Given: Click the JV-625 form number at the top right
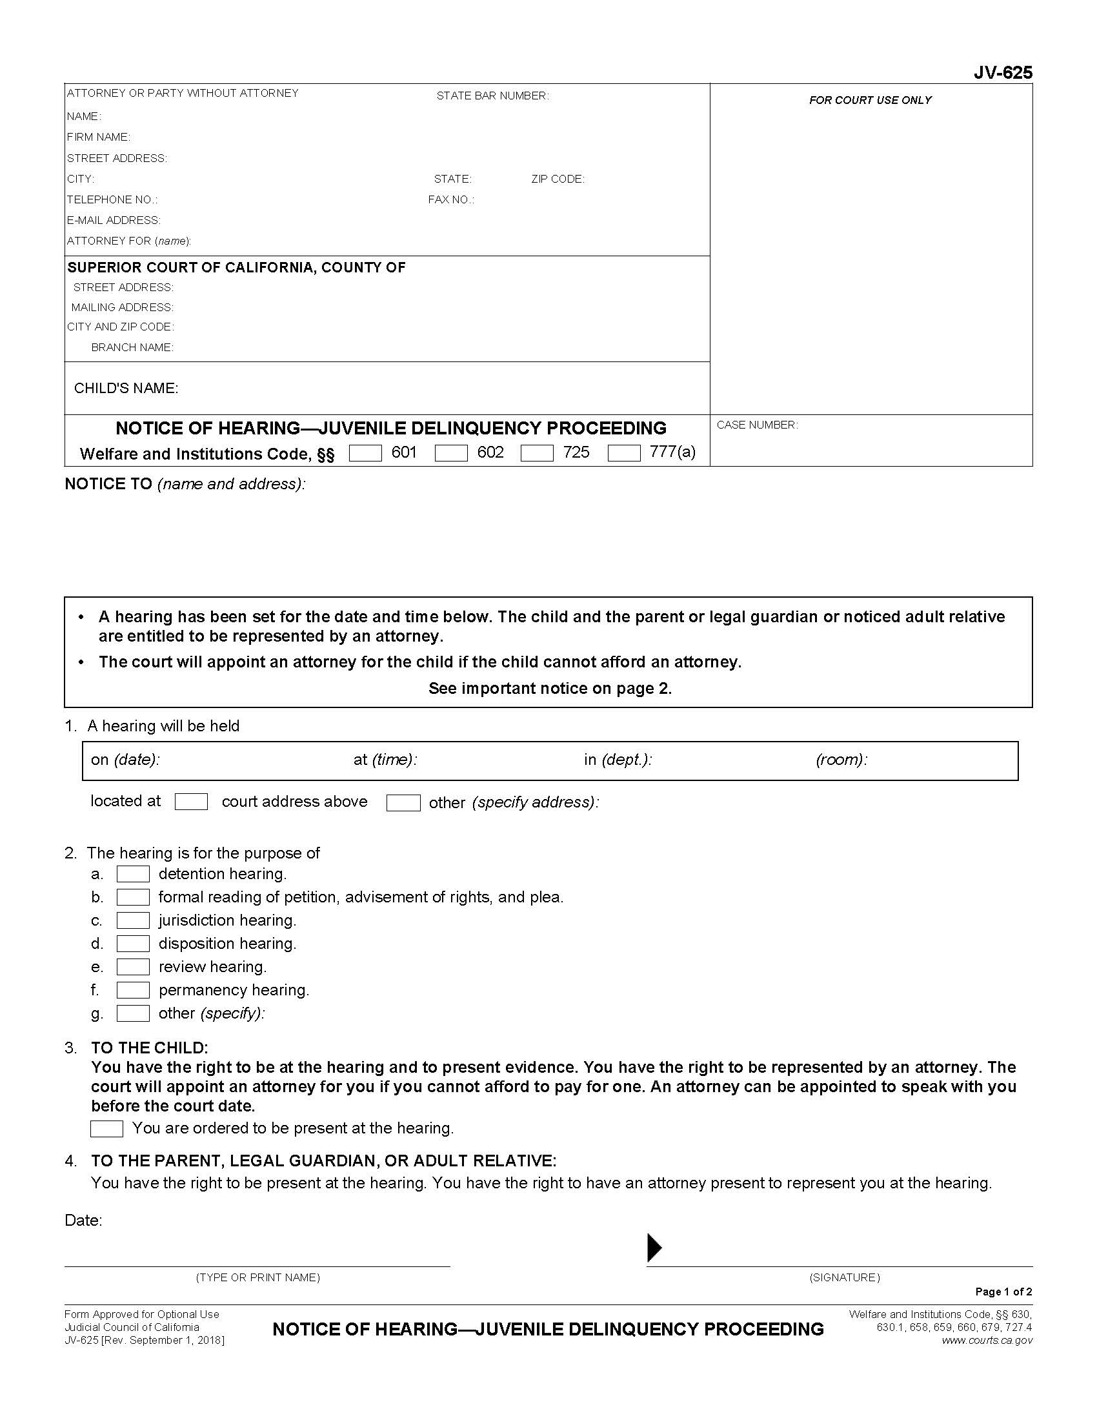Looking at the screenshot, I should click(1002, 73).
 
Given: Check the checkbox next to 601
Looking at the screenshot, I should click(365, 453).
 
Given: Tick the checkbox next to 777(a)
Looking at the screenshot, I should click(624, 453).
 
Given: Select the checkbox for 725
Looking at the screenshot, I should click(537, 453).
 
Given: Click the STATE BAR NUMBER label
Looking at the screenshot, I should click(492, 96).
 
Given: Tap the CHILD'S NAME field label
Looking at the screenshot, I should click(126, 388).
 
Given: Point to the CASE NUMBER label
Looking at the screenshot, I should click(757, 425).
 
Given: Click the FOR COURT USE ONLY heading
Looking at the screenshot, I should click(871, 100).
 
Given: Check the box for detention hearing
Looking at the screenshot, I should click(132, 874).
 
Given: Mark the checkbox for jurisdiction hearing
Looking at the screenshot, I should click(132, 920).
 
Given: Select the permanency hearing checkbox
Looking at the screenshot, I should click(132, 990).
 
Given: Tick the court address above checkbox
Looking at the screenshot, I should click(191, 802).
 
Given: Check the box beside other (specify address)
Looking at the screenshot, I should click(403, 803).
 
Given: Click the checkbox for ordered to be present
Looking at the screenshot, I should click(106, 1129).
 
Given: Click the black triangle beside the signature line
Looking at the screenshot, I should click(654, 1248).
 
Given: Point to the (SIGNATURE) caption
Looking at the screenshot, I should click(844, 1277).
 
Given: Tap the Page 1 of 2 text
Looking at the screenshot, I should click(1003, 1292).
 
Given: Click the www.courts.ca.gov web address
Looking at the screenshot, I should click(987, 1340).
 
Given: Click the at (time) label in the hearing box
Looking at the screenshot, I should click(385, 760).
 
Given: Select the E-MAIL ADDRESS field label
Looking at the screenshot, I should click(114, 220).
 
